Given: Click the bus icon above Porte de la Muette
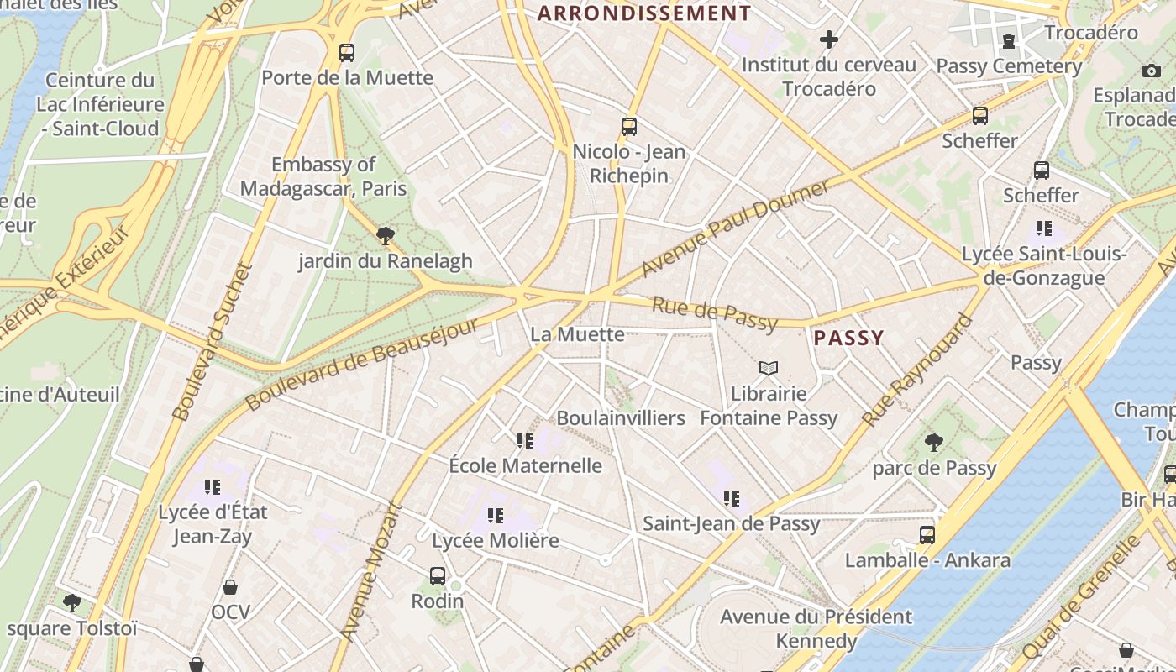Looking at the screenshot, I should [347, 53].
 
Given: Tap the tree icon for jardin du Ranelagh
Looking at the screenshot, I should [386, 236].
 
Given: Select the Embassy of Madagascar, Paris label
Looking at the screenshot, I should [323, 176].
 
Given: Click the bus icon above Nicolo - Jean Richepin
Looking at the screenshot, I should [629, 127].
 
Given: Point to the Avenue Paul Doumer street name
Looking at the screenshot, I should [735, 228].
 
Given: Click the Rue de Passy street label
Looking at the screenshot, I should [715, 312].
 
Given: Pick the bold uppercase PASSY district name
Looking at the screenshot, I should [849, 338].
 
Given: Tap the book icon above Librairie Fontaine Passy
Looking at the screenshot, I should [769, 368].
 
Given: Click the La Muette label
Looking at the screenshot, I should [577, 334].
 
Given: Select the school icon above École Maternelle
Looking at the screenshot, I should [525, 440].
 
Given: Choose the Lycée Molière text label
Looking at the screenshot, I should [495, 540].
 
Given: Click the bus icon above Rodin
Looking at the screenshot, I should [438, 576].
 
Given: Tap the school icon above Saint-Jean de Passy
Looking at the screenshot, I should [731, 499].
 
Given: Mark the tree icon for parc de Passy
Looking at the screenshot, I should [933, 443].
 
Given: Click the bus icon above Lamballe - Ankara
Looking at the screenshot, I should [927, 535].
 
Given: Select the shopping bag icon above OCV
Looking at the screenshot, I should [230, 587].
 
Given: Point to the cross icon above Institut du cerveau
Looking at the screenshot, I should [829, 39].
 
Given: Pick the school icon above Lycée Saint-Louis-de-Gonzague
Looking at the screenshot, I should [1044, 228].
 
